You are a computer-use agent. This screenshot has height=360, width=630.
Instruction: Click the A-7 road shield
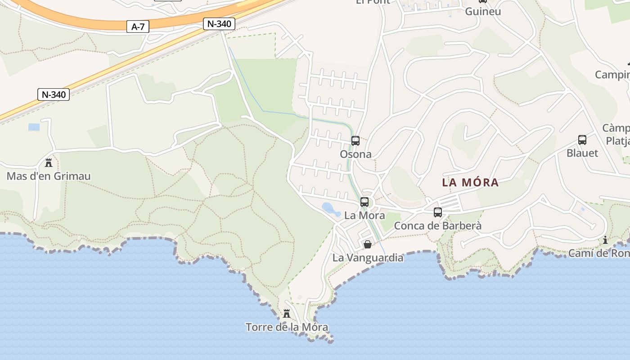(x=138, y=27)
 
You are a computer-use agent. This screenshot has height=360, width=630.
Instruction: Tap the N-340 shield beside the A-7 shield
(x=219, y=24)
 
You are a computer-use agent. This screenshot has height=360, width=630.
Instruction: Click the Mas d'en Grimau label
(x=49, y=176)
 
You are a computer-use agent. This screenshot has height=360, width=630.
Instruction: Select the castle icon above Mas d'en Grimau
(x=49, y=162)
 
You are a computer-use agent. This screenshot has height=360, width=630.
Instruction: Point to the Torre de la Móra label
(x=287, y=327)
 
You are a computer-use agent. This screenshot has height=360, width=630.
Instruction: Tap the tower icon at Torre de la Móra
(x=287, y=313)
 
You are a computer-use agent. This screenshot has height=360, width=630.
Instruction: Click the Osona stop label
(x=355, y=154)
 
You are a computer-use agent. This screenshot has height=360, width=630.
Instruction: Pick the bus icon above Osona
(x=355, y=141)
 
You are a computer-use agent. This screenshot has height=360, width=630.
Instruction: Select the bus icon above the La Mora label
(x=364, y=202)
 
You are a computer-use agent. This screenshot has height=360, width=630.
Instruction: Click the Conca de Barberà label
(x=437, y=225)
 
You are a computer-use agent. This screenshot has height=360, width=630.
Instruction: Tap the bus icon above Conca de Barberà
(x=438, y=212)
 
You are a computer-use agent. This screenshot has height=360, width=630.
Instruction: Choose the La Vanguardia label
(x=368, y=258)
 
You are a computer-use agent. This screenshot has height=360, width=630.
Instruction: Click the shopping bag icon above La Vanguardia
(x=368, y=244)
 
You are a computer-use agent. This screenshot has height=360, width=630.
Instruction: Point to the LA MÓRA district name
(x=470, y=182)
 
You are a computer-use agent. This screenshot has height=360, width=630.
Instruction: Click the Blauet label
(x=582, y=153)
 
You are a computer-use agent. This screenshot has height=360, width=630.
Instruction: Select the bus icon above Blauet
(x=582, y=140)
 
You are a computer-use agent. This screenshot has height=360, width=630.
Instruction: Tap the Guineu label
(x=483, y=11)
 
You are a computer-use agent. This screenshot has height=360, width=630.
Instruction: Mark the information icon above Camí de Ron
(x=605, y=240)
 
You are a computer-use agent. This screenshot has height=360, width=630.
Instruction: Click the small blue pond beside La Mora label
(x=331, y=208)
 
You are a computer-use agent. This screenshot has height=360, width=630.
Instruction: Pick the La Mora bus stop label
(x=364, y=216)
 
